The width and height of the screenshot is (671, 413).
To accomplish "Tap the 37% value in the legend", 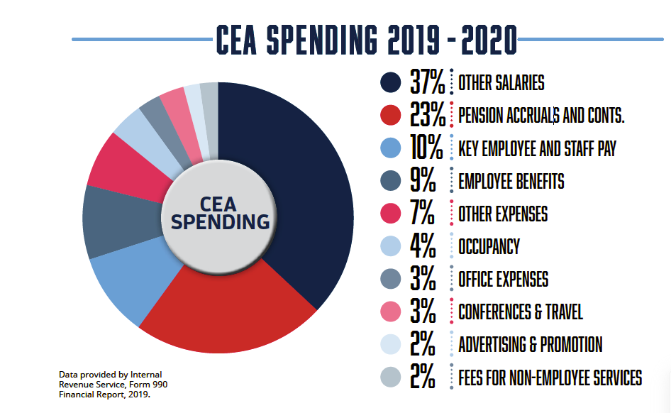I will point(427,83).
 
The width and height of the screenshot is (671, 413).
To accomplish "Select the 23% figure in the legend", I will point(427,116).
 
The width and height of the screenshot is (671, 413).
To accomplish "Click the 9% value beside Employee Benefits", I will point(423,181).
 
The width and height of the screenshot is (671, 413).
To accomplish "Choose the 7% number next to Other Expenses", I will point(423,214).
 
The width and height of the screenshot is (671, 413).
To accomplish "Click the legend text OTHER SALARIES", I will point(501,83).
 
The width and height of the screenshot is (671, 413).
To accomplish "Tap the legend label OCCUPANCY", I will point(489,246).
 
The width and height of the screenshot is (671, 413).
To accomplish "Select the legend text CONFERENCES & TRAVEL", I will point(521,312).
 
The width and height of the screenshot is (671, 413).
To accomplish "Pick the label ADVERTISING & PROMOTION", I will point(530,345).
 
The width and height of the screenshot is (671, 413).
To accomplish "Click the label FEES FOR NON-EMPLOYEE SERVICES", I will point(550,378).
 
